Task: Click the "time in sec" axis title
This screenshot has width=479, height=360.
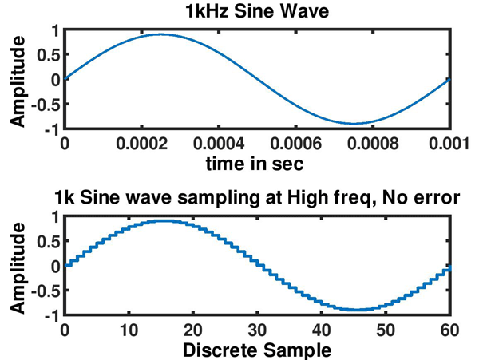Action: [x=255, y=163]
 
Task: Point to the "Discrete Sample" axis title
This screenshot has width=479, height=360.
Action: [x=255, y=349]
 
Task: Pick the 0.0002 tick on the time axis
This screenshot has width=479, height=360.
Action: [x=160, y=144]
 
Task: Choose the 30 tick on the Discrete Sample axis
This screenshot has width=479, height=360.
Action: [x=255, y=329]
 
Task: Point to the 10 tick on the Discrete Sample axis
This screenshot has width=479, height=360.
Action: [x=128, y=329]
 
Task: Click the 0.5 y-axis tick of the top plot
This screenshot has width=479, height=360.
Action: [x=49, y=55]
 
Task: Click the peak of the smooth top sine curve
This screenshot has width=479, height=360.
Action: [x=160, y=34]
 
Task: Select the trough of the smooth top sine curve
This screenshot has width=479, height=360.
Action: [x=353, y=124]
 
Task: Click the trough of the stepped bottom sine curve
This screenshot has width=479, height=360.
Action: [x=354, y=310]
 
